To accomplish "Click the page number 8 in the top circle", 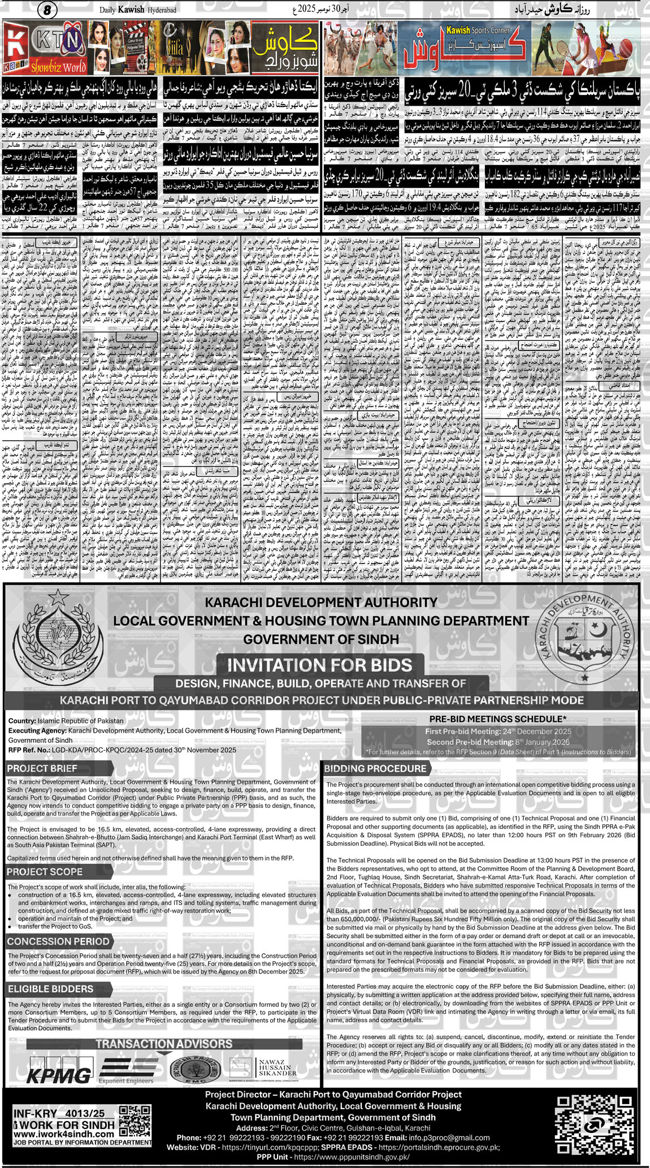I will click(47, 10).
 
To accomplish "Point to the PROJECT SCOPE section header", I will click(45, 871).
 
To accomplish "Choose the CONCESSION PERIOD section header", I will click(58, 941).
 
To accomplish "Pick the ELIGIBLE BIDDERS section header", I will click(50, 988).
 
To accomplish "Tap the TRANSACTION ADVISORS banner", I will click(164, 1043).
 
